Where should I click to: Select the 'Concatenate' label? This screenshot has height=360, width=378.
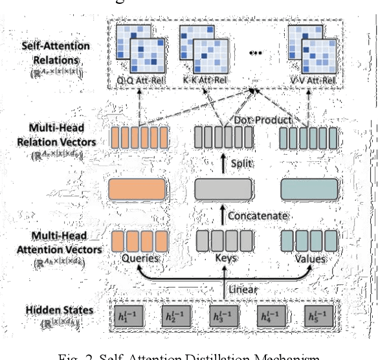pos(258,214)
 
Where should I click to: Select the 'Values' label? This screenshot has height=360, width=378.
pos(309,258)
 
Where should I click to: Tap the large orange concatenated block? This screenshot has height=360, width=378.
pos(139,190)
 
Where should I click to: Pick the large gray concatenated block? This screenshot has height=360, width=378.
pos(223,190)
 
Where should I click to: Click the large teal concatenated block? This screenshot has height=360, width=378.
pos(309,190)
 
